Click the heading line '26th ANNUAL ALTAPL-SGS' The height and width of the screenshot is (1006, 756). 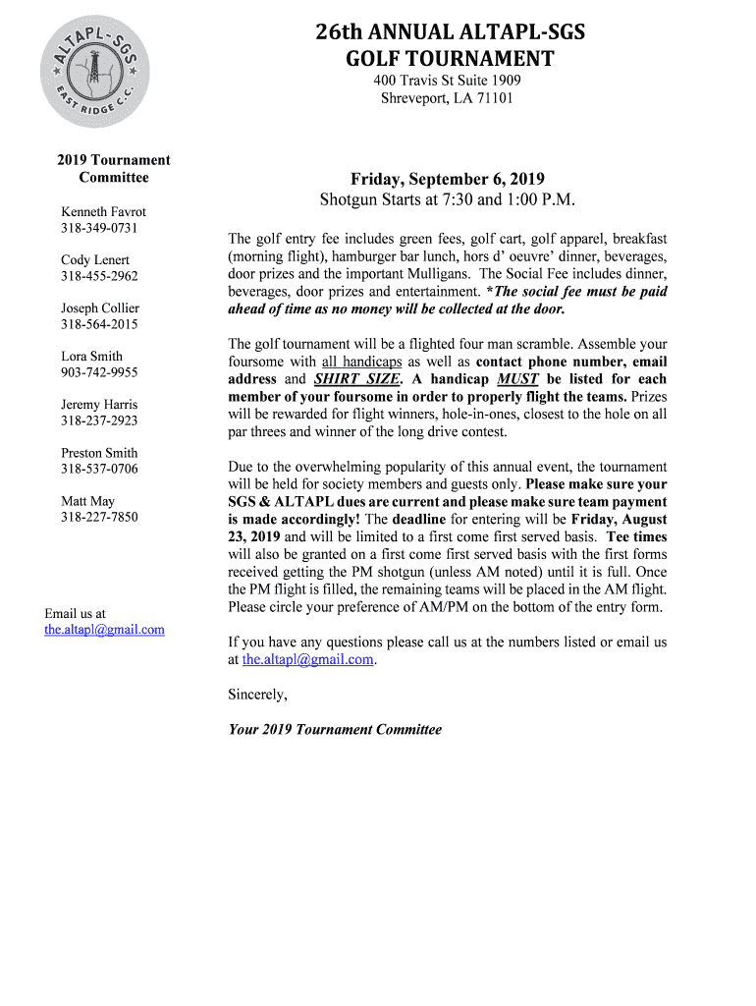[x=449, y=33]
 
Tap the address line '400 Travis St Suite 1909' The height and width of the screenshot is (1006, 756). [x=447, y=80]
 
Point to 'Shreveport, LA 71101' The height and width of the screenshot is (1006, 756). [x=447, y=97]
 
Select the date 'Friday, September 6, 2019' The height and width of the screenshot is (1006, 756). [x=447, y=179]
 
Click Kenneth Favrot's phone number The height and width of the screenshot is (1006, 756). [x=99, y=228]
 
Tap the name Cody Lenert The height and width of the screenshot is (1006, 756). [x=95, y=259]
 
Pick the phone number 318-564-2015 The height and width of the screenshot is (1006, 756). [x=99, y=324]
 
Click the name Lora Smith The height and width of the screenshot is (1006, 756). [x=92, y=356]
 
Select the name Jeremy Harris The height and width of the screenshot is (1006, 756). [x=99, y=404]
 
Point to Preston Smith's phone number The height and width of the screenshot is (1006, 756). [x=99, y=469]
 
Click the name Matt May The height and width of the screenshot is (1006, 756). [x=87, y=501]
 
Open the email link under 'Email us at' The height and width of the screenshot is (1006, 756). [x=104, y=629]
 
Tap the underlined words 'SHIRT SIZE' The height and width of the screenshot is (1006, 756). [x=357, y=379]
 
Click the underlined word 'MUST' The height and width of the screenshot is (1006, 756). [x=517, y=379]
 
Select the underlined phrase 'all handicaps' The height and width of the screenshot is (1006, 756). [x=361, y=362]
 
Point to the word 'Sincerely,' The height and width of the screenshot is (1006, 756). [x=258, y=695]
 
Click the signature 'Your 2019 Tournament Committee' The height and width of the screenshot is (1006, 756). [x=335, y=729]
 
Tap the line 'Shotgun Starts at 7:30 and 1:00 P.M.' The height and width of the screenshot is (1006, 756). [x=447, y=200]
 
